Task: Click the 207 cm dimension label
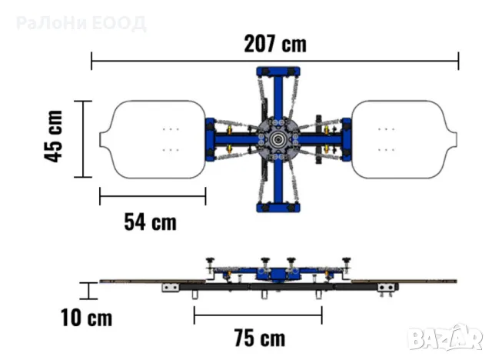pos(275,44)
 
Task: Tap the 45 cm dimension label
pos(53,136)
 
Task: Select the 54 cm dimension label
pos(151,222)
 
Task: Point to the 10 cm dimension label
pos(86,318)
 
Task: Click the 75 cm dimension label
pos(260,338)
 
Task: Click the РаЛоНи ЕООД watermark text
pos(81,23)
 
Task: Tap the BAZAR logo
pos(445,338)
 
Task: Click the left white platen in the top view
pos(153,140)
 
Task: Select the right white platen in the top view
pos(404,140)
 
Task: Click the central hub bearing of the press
pos(278,140)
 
